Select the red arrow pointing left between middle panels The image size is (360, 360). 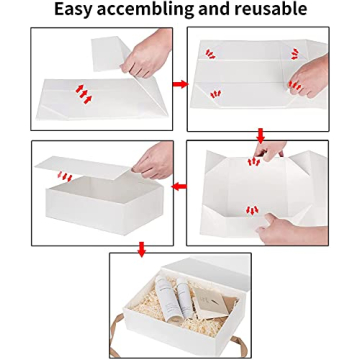[x=179, y=185]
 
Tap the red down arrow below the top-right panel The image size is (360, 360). [x=262, y=135]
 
